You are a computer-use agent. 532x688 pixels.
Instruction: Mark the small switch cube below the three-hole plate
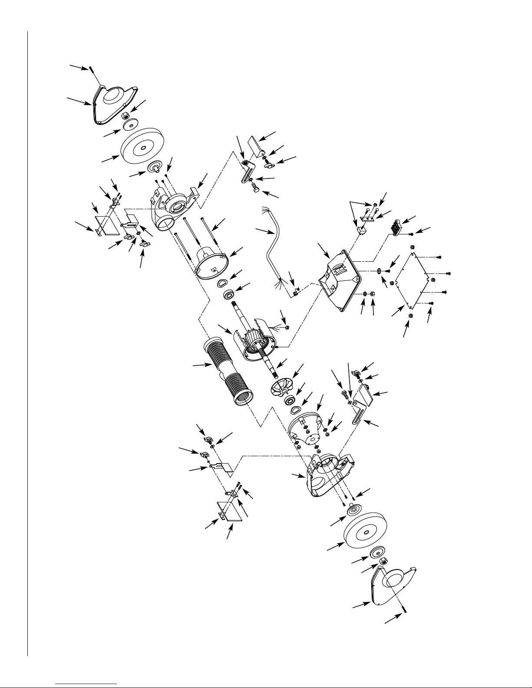[x=360, y=230]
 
